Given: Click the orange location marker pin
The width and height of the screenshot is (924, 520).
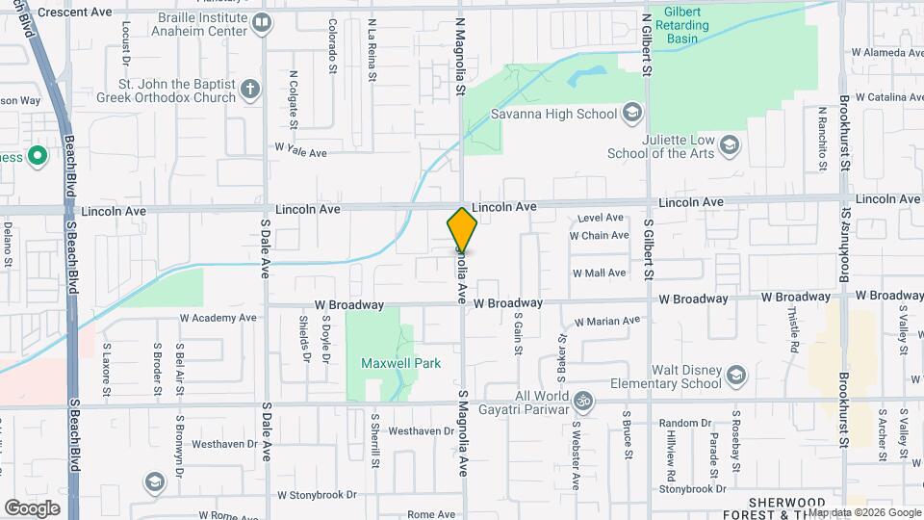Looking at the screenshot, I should click(x=462, y=230).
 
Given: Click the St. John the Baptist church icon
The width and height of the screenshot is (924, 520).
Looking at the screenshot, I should click(x=250, y=90).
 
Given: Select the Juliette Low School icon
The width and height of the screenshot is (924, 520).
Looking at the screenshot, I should click(x=730, y=145).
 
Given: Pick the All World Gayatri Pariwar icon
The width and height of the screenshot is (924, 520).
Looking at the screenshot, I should click(x=581, y=400).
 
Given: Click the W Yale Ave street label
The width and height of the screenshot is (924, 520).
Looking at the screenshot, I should click(x=301, y=151).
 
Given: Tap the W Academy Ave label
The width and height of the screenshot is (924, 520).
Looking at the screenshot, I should click(x=218, y=317).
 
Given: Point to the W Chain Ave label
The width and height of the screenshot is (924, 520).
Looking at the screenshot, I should click(x=599, y=235).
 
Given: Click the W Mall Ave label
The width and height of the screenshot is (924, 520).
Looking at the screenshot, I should click(x=599, y=273).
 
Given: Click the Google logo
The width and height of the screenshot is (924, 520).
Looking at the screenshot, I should click(x=32, y=507).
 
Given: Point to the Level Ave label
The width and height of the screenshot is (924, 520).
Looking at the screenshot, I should click(x=602, y=218).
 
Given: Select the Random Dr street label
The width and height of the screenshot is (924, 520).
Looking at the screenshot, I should click(x=684, y=423).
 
